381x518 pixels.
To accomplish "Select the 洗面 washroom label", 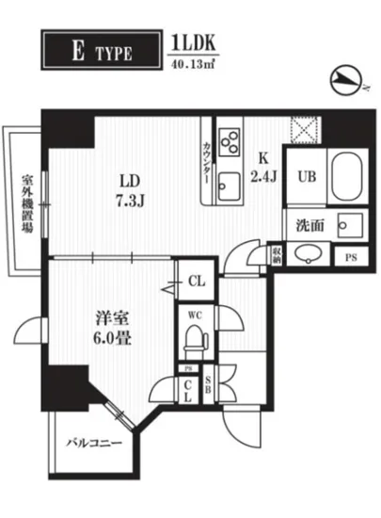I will pyautogui.click(x=310, y=226).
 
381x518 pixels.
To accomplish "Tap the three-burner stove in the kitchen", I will pyautogui.click(x=229, y=142).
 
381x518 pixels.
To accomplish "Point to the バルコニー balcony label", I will pyautogui.click(x=92, y=441).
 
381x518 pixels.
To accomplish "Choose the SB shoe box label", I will pyautogui.click(x=208, y=388).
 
